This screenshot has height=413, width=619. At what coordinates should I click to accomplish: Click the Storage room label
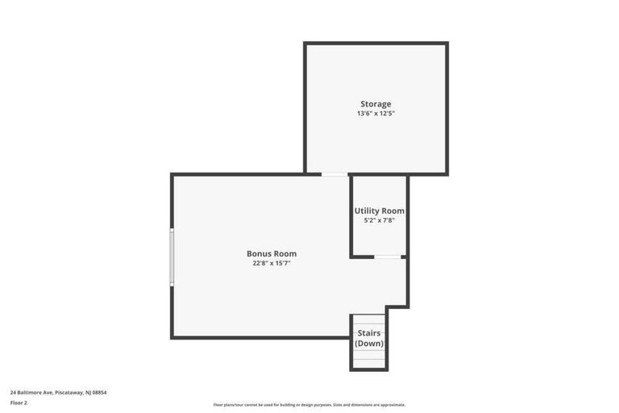click(376, 104)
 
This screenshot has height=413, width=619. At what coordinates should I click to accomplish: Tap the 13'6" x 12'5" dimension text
click(376, 114)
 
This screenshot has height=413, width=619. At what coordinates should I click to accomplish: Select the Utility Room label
click(379, 211)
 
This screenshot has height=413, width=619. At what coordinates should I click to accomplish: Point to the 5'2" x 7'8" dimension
click(379, 220)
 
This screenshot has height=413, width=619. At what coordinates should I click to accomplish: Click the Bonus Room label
click(272, 254)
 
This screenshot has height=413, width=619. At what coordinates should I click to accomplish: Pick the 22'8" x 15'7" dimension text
click(272, 263)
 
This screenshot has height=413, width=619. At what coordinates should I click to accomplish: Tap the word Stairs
click(369, 333)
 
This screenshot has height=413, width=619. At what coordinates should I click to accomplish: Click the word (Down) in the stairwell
click(369, 344)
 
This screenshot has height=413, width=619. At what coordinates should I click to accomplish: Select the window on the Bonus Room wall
click(172, 257)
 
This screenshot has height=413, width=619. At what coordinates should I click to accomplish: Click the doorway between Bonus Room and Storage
click(334, 174)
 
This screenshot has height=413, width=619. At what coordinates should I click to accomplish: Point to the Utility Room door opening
click(387, 257)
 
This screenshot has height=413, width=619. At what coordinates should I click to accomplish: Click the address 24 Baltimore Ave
click(31, 393)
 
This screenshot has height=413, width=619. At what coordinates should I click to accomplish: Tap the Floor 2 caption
click(19, 403)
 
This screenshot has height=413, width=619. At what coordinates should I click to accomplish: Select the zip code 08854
click(99, 393)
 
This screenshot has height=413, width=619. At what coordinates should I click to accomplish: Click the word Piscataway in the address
click(69, 393)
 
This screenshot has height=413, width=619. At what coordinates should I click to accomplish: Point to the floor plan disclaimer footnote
click(309, 405)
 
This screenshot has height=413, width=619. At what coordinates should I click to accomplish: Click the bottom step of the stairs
click(369, 364)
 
